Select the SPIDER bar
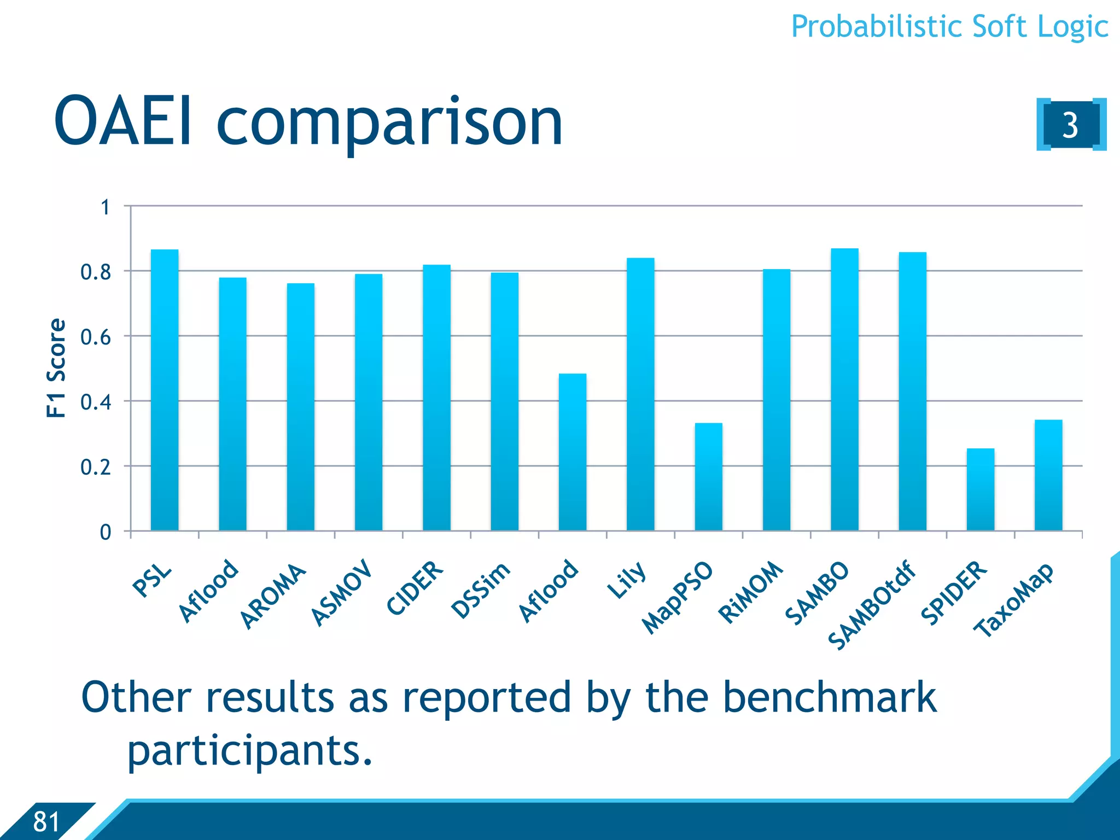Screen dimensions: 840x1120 point(980,489)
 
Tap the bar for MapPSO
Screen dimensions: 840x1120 point(708,476)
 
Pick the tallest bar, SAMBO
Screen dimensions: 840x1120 point(844,389)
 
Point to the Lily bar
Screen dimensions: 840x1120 point(640,394)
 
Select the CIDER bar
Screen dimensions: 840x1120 point(436,398)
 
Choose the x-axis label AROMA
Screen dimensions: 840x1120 point(273,596)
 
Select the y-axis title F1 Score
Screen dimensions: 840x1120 point(56,368)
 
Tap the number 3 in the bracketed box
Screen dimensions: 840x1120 point(1070,125)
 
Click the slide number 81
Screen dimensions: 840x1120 point(46,821)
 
